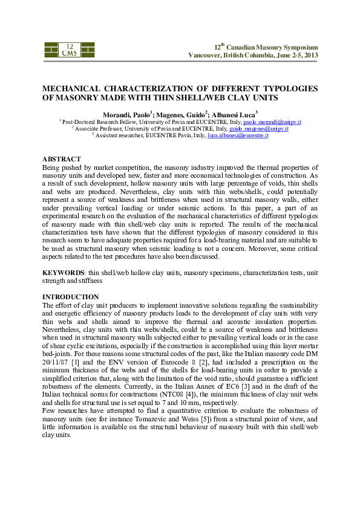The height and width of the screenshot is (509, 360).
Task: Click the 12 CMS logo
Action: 69,50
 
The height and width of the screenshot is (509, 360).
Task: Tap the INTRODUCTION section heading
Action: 70,297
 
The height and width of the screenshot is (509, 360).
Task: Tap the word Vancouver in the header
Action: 208,55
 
